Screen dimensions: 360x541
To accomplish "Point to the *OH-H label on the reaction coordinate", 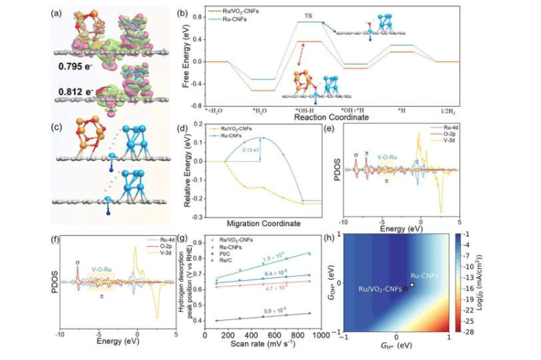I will (305, 110).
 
